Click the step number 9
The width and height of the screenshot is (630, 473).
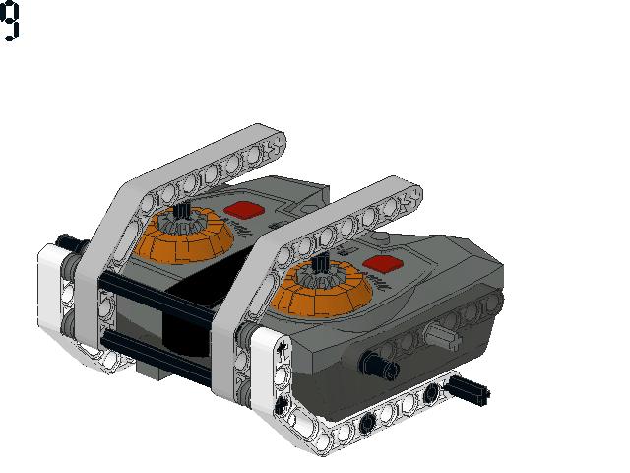pyautogui.click(x=11, y=21)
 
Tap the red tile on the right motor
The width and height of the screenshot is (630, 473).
pyautogui.click(x=382, y=263)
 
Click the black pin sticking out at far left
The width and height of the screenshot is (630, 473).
pyautogui.click(x=67, y=241)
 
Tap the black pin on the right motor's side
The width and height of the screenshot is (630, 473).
pyautogui.click(x=378, y=365)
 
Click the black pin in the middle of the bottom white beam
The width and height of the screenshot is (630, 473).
pyautogui.click(x=367, y=425)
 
